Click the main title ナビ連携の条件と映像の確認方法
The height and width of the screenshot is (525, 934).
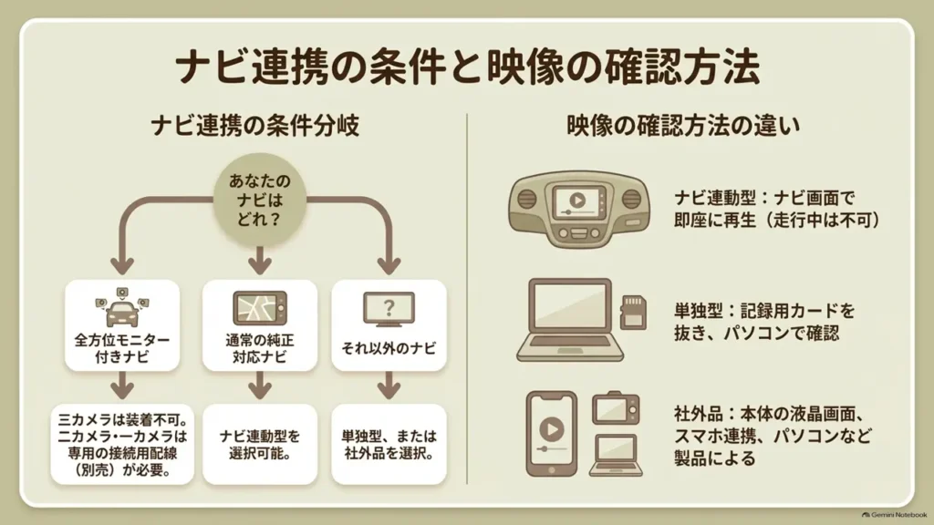[x=468, y=67]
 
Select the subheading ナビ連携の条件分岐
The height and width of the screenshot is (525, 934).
[x=255, y=126]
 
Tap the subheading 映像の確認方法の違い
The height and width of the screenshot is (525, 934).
[x=682, y=126]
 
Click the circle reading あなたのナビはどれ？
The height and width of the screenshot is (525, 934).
[x=260, y=200]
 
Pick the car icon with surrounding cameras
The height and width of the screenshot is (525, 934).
[x=122, y=307]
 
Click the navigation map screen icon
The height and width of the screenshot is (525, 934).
[x=260, y=308]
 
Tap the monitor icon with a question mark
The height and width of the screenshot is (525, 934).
[x=389, y=309]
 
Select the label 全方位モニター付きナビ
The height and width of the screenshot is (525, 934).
[x=122, y=348]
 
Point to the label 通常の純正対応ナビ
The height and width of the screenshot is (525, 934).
[x=260, y=348]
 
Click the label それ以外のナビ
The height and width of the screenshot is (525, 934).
[x=389, y=348]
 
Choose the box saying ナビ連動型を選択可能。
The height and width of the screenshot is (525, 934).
[x=260, y=444]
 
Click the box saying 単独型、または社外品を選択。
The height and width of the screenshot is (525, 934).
[x=389, y=444]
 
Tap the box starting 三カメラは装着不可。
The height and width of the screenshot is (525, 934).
[x=122, y=444]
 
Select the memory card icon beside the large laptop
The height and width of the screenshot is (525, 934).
[x=633, y=312]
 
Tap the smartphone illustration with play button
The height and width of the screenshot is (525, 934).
[x=552, y=433]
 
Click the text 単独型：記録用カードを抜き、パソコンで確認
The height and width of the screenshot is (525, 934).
[x=764, y=322]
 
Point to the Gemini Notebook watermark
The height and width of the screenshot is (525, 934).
[x=894, y=515]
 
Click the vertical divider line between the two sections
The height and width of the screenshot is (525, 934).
[x=467, y=299]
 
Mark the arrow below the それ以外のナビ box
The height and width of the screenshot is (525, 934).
[x=389, y=386]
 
